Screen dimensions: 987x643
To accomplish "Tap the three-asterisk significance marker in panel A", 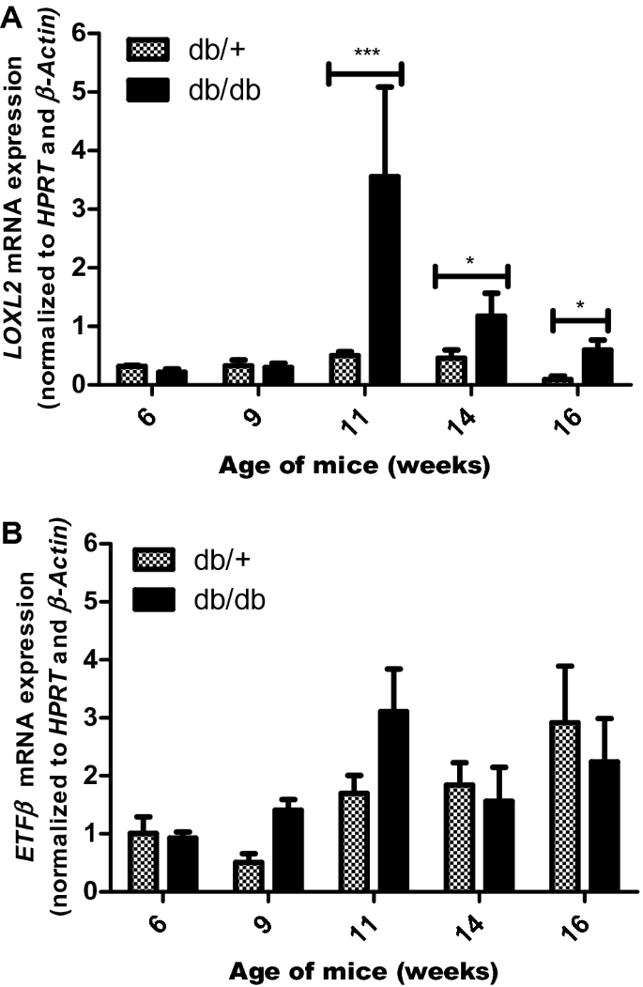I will [364, 52].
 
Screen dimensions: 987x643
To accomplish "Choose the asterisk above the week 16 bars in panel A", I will [579, 306].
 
